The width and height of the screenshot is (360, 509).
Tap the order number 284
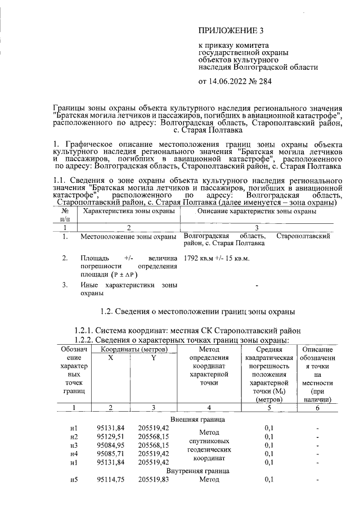pos(265,82)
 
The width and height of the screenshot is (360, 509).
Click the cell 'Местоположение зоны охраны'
pos(129,236)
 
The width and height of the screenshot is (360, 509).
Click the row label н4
pos(74,453)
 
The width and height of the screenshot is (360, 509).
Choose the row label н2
pos(74,436)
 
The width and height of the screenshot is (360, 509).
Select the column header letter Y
pos(153,358)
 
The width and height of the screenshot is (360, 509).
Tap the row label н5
pos(74,479)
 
